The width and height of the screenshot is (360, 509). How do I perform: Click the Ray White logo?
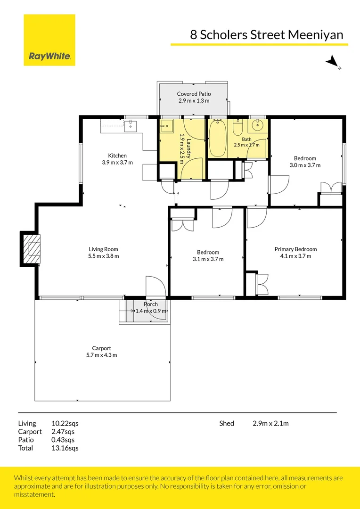tap(49, 40)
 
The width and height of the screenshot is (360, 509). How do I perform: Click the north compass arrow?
tap(332, 61)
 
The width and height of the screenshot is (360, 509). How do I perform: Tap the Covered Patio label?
tap(194, 94)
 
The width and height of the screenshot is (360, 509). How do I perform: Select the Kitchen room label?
tap(117, 156)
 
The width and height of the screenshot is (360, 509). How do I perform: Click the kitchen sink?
tap(131, 126)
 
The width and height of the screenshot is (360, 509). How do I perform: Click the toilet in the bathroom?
tap(238, 128)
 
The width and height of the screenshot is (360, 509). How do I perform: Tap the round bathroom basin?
tap(258, 125)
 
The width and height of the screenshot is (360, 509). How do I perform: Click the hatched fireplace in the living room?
tap(32, 248)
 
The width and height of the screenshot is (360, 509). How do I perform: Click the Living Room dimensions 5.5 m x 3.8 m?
tap(104, 256)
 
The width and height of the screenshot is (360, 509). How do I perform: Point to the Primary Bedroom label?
tap(295, 249)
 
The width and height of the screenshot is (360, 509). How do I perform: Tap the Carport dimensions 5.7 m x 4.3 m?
tap(99, 355)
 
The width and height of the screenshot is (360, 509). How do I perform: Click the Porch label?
tap(151, 304)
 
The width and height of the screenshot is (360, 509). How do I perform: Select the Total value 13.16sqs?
tap(65, 448)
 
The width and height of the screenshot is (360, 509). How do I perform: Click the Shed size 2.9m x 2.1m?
tap(271, 423)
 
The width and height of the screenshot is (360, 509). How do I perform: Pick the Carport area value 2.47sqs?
tap(63, 432)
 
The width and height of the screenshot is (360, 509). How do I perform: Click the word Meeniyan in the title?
tap(316, 35)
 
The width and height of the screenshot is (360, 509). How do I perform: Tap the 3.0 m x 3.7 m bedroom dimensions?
tap(305, 165)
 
